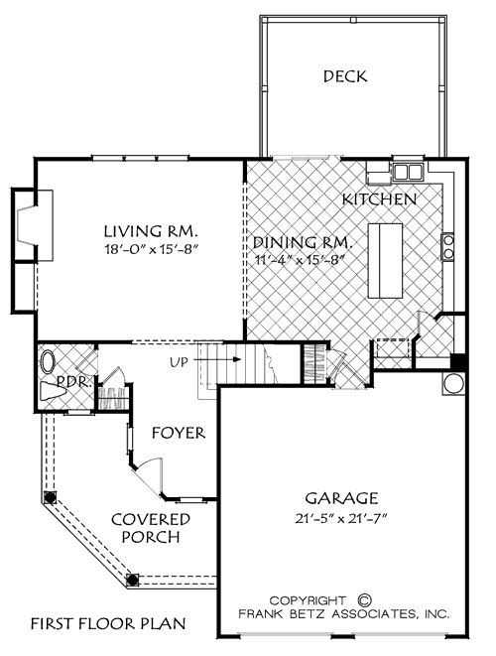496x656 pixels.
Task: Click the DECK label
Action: pos(346,75)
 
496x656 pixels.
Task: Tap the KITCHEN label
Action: pos(379,199)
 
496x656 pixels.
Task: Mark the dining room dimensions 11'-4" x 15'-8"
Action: pos(298,260)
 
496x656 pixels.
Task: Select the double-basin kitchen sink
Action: pos(407,172)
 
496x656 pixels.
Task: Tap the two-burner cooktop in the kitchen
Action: pos(448,245)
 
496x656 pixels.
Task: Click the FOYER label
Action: pos(179,433)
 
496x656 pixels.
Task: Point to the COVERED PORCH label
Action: pos(151,528)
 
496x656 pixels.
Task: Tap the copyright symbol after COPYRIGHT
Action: pos(363,600)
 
